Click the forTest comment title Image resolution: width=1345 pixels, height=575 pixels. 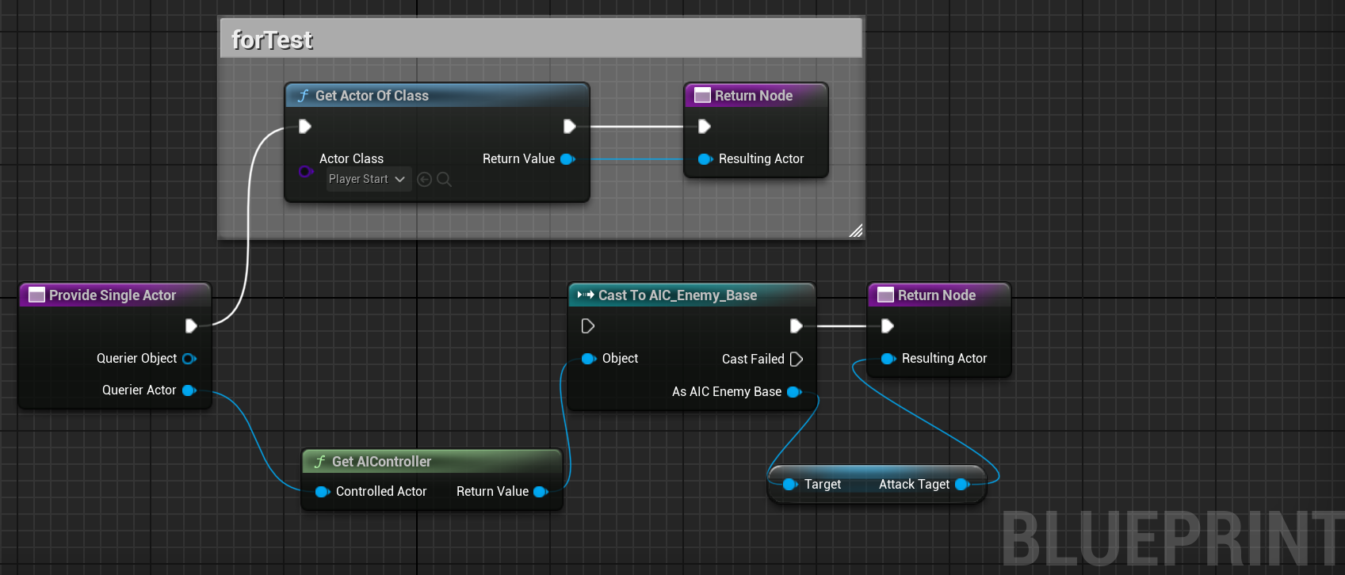[273, 40]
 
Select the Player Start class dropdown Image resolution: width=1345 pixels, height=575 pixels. [368, 179]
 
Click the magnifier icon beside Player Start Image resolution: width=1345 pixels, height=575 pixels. [444, 180]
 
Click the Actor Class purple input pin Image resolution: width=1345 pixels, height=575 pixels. [305, 171]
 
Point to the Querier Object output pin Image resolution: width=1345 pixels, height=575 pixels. [189, 359]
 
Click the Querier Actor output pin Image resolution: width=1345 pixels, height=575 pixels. [189, 390]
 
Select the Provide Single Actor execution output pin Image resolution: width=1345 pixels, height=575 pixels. [191, 326]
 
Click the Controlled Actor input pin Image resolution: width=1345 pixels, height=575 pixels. [322, 492]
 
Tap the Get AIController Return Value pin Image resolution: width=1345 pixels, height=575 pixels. [541, 492]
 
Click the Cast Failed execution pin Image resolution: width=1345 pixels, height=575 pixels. [797, 359]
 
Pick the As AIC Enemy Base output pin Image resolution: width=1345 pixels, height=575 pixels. [793, 392]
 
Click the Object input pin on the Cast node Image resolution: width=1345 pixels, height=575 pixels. [588, 359]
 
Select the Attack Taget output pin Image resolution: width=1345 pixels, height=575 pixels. [962, 484]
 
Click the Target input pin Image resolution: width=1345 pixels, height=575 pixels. [789, 484]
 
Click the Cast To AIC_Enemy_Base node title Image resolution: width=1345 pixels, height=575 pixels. [677, 295]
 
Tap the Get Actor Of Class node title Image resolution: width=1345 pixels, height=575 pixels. [372, 96]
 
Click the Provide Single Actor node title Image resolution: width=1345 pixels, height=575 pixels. [113, 295]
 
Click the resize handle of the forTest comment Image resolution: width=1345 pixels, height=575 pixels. [856, 230]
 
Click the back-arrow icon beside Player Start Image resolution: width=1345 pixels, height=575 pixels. [424, 180]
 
